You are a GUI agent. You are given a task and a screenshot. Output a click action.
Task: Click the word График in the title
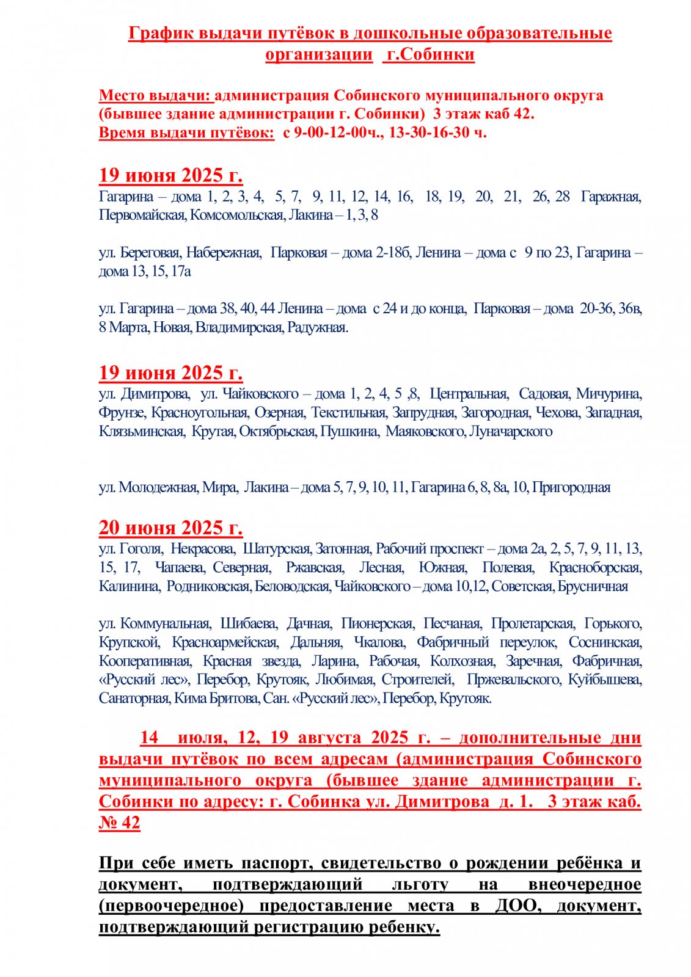pos(161,33)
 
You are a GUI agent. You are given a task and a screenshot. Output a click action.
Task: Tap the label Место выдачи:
pos(156,95)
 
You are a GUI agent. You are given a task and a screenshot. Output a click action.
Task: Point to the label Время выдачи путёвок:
pos(186,133)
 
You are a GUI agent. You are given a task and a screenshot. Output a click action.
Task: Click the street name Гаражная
pos(610,197)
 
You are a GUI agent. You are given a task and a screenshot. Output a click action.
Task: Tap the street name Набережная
pos(224,253)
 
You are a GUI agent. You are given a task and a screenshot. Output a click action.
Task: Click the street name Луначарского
pos(511,431)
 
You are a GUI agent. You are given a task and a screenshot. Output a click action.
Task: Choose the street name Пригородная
pos(571,487)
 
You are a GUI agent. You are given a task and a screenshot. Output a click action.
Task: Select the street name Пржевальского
pos(513,680)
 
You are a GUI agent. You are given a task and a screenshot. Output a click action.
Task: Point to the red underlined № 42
pos(119,823)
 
